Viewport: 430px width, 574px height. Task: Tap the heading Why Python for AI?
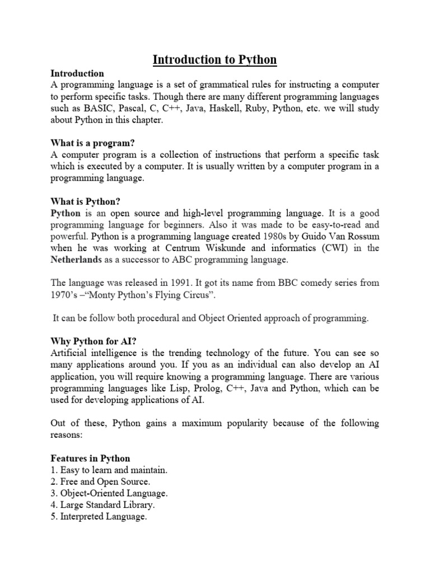(x=94, y=341)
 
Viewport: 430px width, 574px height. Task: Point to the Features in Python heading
(x=90, y=458)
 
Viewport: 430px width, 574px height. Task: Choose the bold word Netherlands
(x=77, y=260)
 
